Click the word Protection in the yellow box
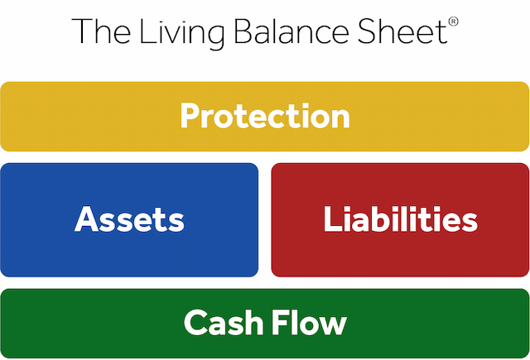click(x=265, y=116)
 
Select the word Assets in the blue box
click(x=129, y=220)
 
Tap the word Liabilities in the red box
click(x=400, y=220)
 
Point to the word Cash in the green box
click(x=222, y=322)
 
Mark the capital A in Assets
click(x=86, y=220)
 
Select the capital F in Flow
click(x=277, y=322)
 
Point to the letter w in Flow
click(x=333, y=324)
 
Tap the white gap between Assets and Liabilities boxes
click(x=265, y=220)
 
